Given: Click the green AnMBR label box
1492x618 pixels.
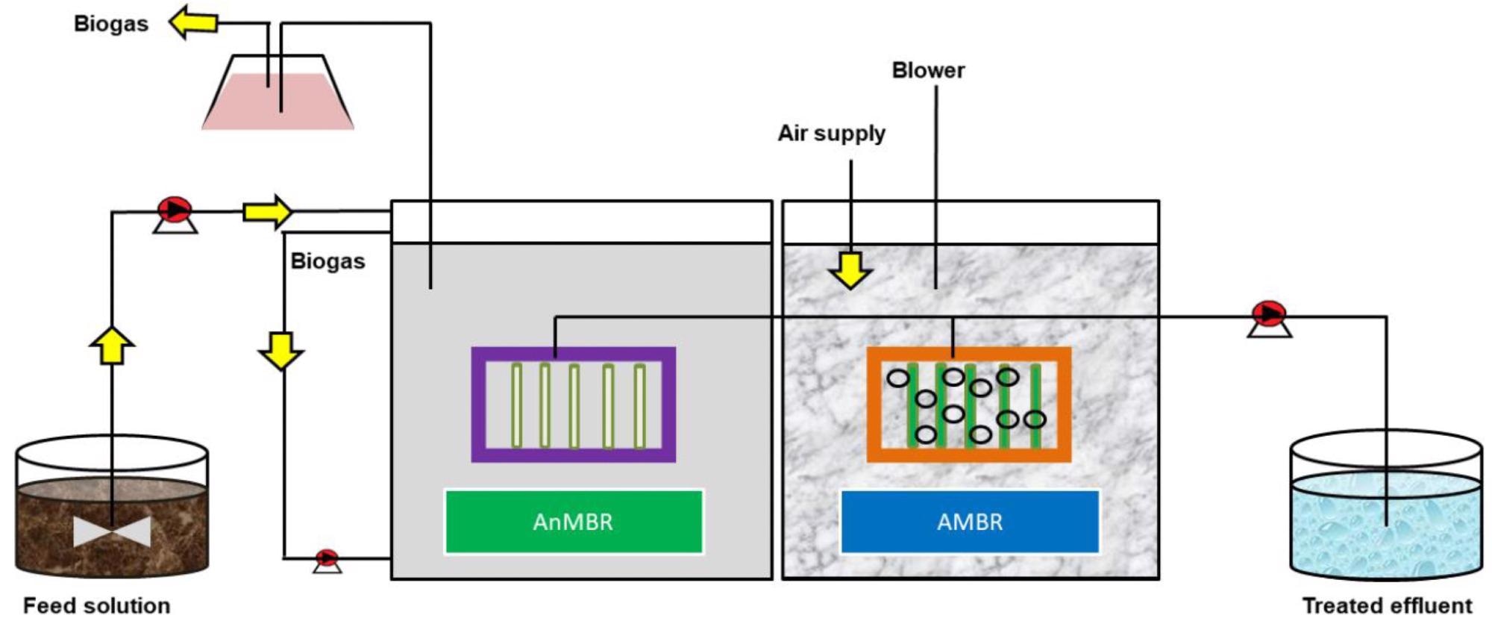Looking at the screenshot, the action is tap(574, 521).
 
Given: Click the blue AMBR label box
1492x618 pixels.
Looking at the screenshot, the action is tap(970, 521).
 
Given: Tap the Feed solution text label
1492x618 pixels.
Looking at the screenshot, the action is tap(97, 605).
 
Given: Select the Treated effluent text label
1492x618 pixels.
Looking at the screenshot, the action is tap(1388, 605).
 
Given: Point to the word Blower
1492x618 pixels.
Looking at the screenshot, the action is tap(928, 70).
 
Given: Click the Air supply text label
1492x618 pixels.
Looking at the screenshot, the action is tap(832, 134).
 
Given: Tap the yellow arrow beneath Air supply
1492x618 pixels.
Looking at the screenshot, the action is tap(850, 270).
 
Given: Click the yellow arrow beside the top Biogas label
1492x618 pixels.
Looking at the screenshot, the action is tap(192, 22).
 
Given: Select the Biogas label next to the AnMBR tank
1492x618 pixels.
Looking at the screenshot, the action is tap(327, 261).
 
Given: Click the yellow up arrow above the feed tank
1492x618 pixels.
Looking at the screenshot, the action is tap(112, 346).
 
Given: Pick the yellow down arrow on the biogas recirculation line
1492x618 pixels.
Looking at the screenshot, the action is tap(281, 352).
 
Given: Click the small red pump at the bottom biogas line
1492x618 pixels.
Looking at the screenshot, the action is tap(327, 561).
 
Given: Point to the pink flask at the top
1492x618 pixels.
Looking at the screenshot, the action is tap(278, 93).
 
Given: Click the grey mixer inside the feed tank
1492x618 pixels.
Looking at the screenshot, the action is tap(112, 532).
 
